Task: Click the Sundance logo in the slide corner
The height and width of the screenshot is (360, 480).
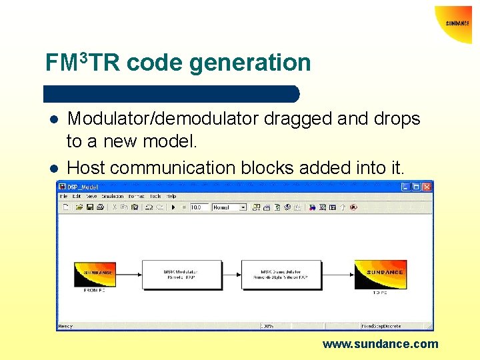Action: tap(457, 23)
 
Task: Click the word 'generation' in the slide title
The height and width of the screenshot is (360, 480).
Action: tap(250, 63)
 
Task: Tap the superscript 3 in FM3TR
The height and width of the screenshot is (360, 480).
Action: tap(83, 57)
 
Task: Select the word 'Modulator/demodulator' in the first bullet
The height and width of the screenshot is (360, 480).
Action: tap(164, 119)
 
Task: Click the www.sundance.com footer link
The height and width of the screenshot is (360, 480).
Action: tap(380, 344)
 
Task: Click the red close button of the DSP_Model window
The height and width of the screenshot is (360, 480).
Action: tap(426, 187)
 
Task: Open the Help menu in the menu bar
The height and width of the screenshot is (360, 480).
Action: tap(171, 197)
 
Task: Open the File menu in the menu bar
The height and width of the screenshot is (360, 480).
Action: tap(64, 197)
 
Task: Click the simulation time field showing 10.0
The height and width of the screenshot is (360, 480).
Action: tap(199, 207)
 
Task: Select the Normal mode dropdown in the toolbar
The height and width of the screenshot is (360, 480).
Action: tap(229, 207)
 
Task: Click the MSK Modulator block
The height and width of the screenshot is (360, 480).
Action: tap(181, 274)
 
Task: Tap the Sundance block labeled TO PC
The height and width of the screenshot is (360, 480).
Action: tap(380, 273)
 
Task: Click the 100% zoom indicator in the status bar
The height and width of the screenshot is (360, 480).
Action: tap(268, 326)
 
